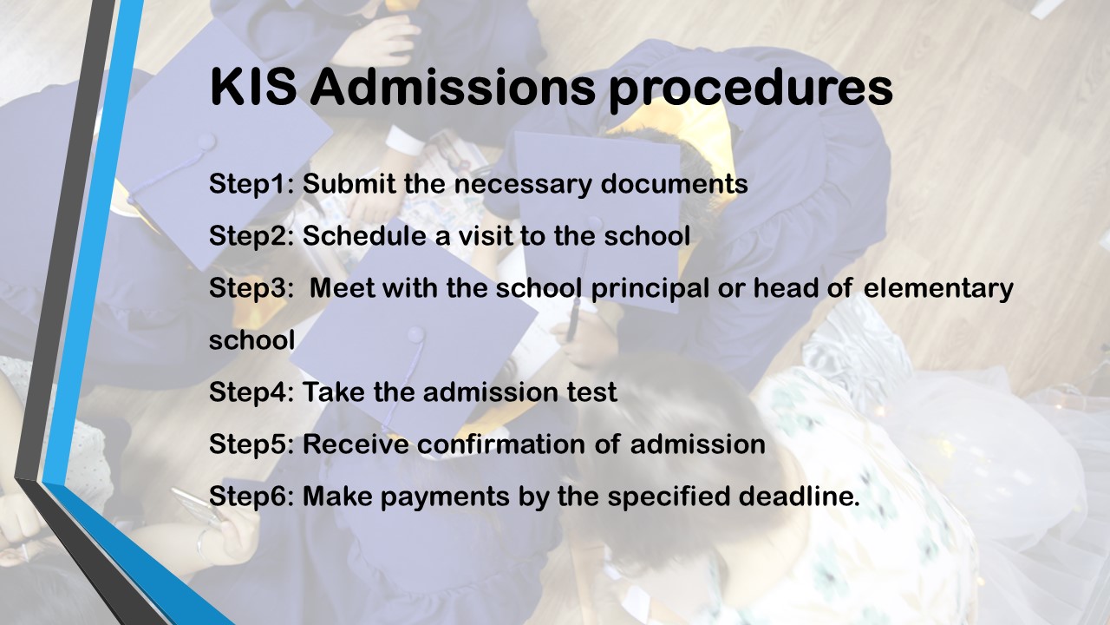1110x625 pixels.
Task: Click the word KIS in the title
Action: pyautogui.click(x=253, y=88)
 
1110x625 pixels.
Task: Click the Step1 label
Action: pyautogui.click(x=251, y=185)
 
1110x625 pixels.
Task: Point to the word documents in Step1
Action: pyautogui.click(x=674, y=183)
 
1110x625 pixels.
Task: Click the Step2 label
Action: pyautogui.click(x=251, y=237)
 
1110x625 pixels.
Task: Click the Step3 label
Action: pyautogui.click(x=251, y=289)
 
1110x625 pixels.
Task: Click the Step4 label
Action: pyautogui.click(x=251, y=393)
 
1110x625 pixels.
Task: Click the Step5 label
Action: pyautogui.click(x=251, y=445)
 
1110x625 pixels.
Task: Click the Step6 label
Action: pyautogui.click(x=251, y=497)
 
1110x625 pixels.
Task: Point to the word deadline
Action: pyautogui.click(x=799, y=496)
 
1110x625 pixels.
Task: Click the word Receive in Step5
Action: pyautogui.click(x=356, y=444)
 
